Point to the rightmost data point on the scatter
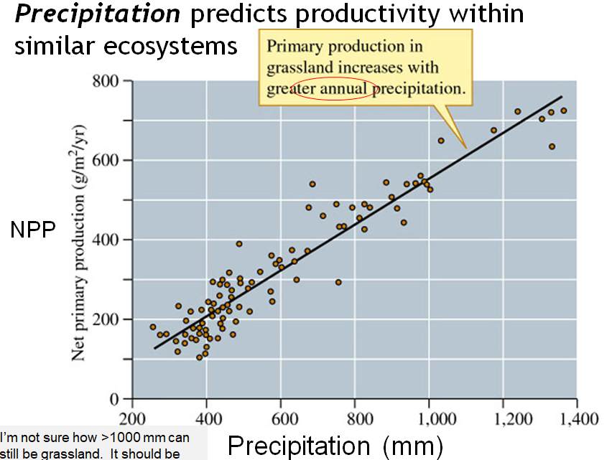(564, 111)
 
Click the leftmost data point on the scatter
(152, 327)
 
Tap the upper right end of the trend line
(562, 96)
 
